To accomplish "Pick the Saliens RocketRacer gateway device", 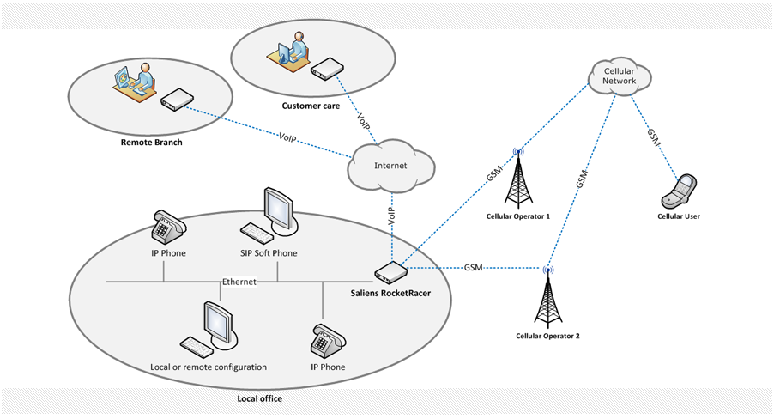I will tap(390, 273).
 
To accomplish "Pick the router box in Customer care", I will tap(326, 69).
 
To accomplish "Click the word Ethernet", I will tap(239, 282).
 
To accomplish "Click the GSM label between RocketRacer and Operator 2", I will tap(473, 267).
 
